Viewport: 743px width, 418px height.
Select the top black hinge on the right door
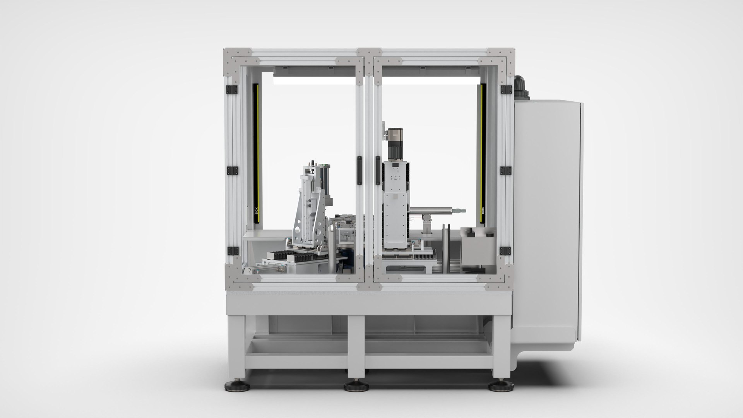[506, 89]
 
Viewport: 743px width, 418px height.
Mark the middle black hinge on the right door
[506, 170]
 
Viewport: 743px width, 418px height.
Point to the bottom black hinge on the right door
[506, 250]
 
